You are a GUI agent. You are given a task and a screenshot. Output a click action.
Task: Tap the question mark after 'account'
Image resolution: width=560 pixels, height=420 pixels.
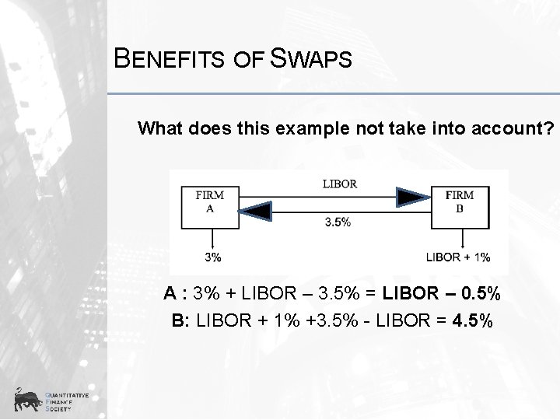point(551,128)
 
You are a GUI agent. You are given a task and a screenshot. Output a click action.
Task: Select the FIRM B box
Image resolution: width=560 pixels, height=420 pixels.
point(459,208)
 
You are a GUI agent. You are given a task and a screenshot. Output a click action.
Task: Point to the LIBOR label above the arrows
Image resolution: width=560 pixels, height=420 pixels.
point(339,184)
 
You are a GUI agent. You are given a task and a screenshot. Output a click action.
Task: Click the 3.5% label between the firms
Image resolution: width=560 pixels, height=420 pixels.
point(338,222)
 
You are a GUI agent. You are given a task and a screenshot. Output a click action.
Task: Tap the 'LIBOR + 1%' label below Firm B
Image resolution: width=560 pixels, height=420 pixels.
point(458,257)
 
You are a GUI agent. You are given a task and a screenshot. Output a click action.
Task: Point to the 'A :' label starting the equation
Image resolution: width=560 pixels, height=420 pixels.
point(176,296)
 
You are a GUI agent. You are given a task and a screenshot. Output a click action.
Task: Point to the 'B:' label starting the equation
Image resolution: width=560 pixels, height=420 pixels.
point(181,320)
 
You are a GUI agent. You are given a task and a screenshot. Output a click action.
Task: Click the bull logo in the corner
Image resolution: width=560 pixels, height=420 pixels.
point(28,400)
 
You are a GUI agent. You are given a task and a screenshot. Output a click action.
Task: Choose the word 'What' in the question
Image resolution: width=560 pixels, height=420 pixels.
point(161,128)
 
